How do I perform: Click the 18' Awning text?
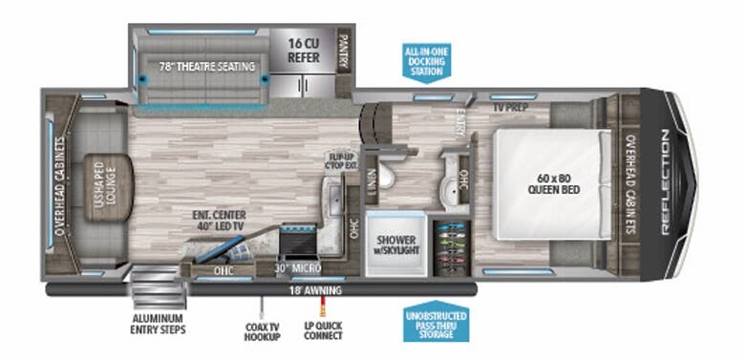click(322, 288)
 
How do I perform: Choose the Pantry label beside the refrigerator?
click(343, 48)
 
